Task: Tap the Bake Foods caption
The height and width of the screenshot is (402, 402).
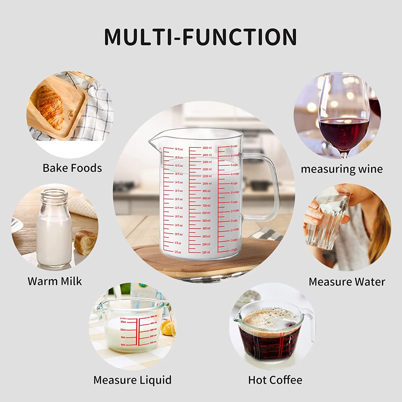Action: click(x=72, y=168)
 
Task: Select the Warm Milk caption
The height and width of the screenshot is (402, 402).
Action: click(x=55, y=281)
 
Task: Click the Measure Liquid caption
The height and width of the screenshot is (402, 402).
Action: click(x=132, y=380)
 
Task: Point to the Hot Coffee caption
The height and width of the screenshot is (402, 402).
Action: click(x=275, y=380)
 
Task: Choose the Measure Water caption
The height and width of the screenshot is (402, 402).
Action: click(x=347, y=282)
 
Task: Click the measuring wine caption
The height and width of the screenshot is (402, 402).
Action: click(x=342, y=169)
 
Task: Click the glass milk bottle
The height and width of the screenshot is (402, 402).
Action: click(x=54, y=228)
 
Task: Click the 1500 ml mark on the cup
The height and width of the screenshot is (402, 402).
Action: click(x=207, y=148)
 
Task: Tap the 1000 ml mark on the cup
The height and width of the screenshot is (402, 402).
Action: click(x=207, y=184)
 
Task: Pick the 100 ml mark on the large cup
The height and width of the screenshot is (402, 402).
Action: click(x=206, y=252)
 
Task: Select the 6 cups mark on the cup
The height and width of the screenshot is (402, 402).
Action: click(x=234, y=146)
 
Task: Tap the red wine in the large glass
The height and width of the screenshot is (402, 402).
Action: click(x=345, y=131)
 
